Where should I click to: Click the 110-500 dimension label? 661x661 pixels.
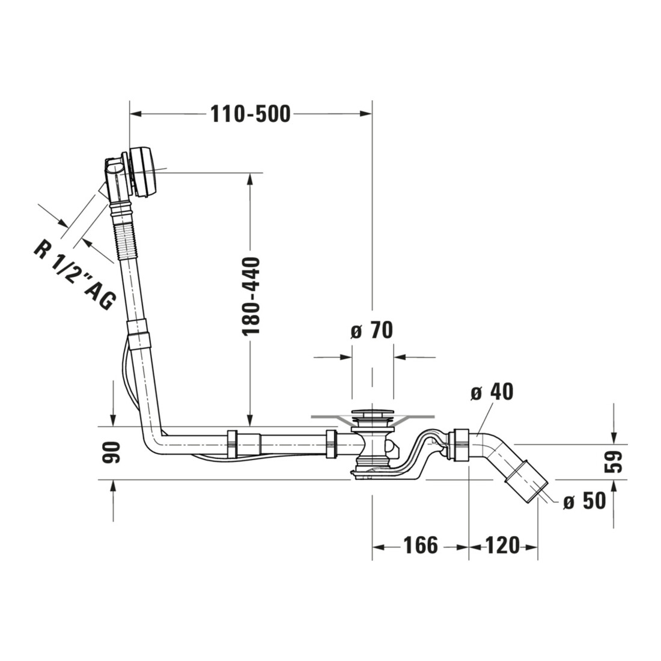tap(251, 114)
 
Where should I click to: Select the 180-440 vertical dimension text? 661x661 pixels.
tap(251, 296)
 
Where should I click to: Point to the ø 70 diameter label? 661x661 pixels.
tap(371, 330)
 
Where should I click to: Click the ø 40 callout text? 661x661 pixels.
tap(492, 392)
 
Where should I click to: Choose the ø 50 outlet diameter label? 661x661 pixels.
tap(584, 501)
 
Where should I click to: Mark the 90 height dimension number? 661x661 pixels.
tap(111, 452)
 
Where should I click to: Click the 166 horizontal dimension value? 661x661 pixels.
tap(421, 546)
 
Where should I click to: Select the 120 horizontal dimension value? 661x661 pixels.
tap(503, 546)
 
